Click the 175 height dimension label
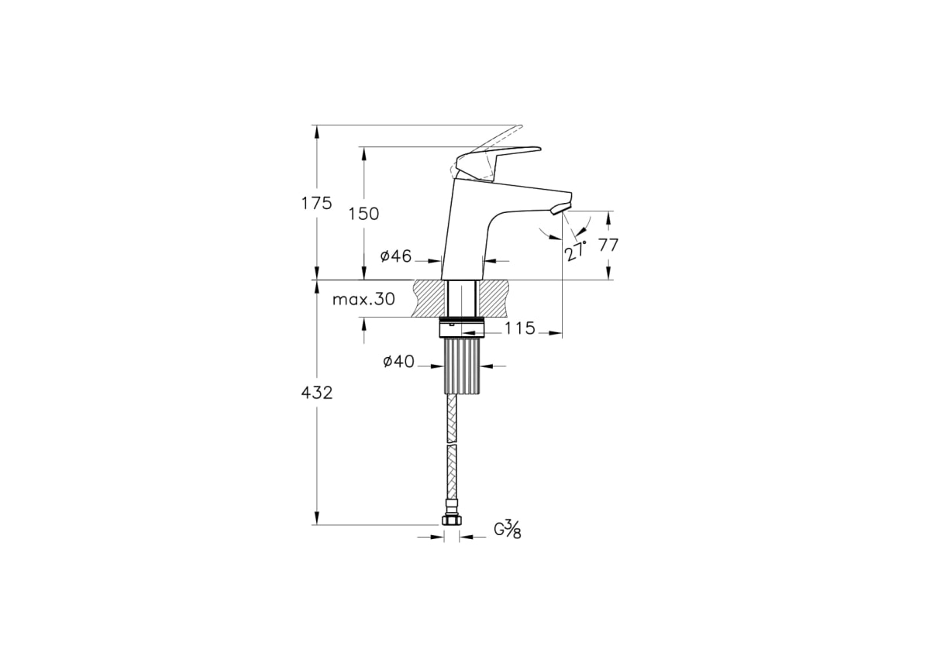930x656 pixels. point(317,204)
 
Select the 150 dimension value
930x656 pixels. point(363,214)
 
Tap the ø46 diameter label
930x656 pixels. point(396,256)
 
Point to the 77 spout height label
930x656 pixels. point(608,245)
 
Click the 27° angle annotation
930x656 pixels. point(576,250)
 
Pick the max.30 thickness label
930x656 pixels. point(363,299)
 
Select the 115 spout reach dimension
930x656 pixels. point(520,328)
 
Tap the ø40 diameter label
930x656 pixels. point(398,362)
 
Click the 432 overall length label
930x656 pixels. point(317,393)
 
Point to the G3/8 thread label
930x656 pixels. point(508,530)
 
